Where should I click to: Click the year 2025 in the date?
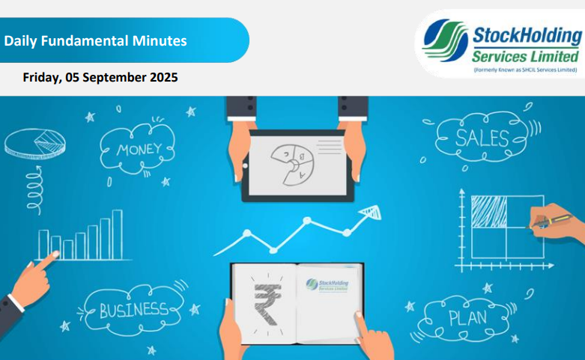coord(164,77)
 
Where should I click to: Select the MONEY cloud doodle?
coord(137,150)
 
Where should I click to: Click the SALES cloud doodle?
coord(482,137)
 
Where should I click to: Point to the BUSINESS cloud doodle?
coord(133,310)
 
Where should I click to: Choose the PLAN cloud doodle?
coord(467,318)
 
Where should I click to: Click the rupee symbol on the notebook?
coord(267,304)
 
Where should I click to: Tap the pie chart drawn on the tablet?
coord(292,165)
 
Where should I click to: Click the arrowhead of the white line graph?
coord(371,212)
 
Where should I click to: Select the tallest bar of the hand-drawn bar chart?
coord(117,234)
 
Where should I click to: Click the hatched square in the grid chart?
coord(488,211)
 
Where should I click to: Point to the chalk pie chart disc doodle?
coord(35,144)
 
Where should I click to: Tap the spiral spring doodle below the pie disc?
coord(34,190)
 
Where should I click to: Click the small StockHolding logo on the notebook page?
coord(327,285)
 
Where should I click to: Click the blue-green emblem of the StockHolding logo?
coord(445,40)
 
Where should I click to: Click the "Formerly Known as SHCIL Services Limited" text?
coord(525,70)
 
